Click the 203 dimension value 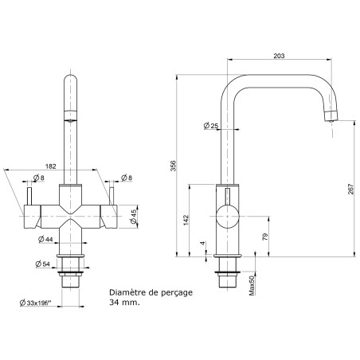[279, 56]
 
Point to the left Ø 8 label [36, 178]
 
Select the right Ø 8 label [125, 178]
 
